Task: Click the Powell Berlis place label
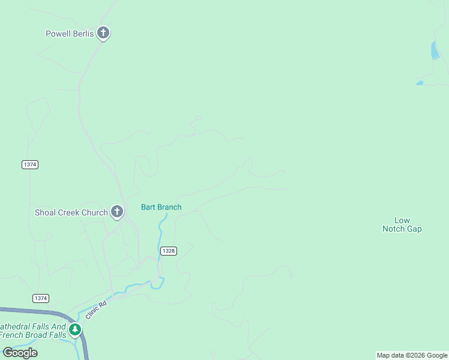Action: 70,34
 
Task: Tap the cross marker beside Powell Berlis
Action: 103,33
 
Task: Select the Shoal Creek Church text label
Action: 71,212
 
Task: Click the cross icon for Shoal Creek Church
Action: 117,211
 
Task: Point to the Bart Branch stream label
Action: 161,208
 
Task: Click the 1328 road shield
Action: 169,251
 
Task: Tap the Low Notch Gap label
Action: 402,225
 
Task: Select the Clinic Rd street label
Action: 95,310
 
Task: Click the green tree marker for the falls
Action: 75,329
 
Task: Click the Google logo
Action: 20,353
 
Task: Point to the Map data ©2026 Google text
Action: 412,356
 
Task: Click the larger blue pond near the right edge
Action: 435,51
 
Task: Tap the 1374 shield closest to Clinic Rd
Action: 41,298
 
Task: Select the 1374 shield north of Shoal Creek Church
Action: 29,164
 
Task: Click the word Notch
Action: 394,229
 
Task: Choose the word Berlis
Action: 83,34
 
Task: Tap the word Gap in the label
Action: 414,229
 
